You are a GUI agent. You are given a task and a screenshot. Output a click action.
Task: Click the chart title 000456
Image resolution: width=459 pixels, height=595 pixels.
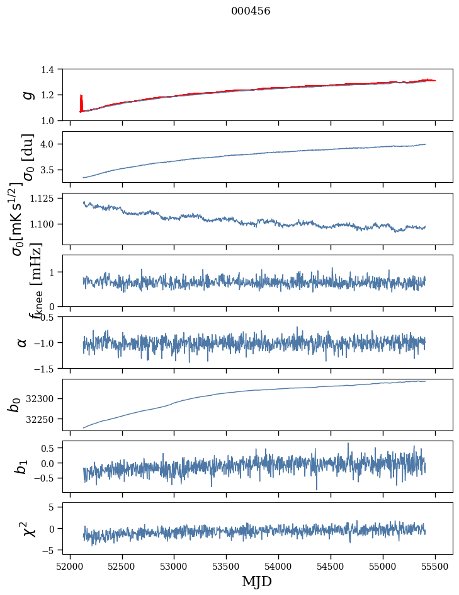(251, 11)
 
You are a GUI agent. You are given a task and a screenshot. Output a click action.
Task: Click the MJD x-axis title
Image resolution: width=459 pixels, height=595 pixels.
(257, 581)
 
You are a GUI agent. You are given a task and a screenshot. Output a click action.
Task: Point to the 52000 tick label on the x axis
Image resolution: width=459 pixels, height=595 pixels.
(70, 567)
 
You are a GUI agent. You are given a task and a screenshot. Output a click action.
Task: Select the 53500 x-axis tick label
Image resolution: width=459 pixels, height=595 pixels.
(227, 567)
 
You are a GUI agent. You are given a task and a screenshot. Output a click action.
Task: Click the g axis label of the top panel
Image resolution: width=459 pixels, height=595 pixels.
(27, 95)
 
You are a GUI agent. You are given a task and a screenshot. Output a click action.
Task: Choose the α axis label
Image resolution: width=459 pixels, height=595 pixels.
(22, 342)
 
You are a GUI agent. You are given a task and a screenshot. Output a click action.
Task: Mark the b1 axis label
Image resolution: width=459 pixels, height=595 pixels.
(22, 466)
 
